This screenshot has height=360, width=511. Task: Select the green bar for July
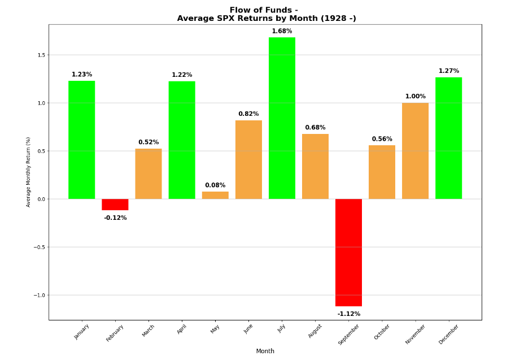[282, 118]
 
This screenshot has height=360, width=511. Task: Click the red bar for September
[348, 253]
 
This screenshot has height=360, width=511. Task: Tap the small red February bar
[115, 205]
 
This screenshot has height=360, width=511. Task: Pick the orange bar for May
[215, 196]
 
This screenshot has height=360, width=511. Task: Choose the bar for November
[415, 151]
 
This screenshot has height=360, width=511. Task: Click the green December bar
[448, 138]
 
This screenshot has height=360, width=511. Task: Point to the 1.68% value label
[282, 32]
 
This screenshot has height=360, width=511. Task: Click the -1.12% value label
[348, 314]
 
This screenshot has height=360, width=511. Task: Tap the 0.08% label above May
[215, 185]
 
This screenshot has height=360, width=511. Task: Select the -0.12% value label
[115, 218]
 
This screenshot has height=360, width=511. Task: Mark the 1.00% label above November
[415, 97]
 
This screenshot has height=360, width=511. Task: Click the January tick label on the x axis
[82, 331]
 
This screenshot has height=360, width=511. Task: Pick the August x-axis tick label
[315, 331]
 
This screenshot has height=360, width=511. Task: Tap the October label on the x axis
[382, 331]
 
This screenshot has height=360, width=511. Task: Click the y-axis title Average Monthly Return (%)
[29, 172]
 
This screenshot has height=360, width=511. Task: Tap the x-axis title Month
[265, 352]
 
